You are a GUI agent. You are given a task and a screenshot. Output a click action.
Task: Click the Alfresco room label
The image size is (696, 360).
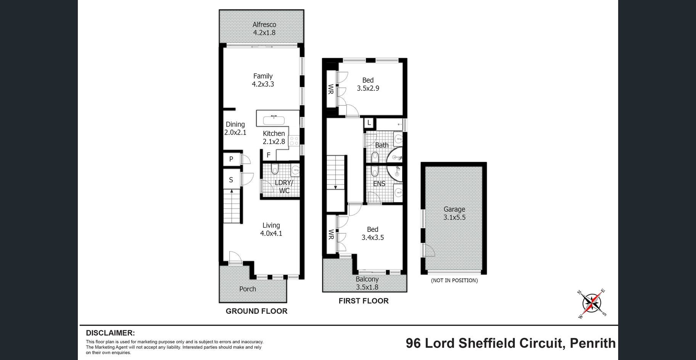[264, 29]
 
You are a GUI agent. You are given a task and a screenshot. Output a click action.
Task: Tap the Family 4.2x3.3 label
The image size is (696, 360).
[263, 80]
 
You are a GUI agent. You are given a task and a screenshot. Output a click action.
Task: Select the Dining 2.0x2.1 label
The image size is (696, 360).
[235, 129]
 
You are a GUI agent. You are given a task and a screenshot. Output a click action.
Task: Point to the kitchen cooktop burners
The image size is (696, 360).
[294, 141]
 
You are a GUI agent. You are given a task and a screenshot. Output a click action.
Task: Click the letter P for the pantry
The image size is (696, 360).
[231, 159]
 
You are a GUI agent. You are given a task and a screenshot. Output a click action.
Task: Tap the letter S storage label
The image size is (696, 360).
[231, 180]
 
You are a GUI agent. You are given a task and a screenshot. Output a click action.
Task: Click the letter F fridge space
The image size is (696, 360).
[269, 155]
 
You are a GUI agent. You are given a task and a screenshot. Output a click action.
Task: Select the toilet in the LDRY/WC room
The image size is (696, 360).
[274, 169]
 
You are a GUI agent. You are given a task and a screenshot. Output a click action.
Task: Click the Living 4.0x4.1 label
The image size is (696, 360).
[271, 230]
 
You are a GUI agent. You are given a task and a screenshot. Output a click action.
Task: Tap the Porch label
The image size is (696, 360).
[248, 289]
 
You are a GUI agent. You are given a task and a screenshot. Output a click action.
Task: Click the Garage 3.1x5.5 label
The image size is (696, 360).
[454, 213]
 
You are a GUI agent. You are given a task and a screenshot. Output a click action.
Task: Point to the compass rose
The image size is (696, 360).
[591, 304]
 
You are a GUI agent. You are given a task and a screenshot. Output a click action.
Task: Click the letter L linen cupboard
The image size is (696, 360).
[369, 123]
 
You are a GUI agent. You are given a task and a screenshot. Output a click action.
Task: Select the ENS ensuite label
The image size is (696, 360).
[379, 184]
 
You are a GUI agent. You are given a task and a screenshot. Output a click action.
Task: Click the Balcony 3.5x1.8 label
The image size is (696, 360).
[367, 283]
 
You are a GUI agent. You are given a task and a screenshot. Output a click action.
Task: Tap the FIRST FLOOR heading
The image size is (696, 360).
[364, 301]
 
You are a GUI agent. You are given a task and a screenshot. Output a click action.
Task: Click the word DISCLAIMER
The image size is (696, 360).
[110, 333]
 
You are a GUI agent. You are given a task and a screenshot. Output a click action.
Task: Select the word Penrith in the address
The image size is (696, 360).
[593, 343]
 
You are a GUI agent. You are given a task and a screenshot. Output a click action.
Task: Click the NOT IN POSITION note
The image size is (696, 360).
[454, 280]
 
